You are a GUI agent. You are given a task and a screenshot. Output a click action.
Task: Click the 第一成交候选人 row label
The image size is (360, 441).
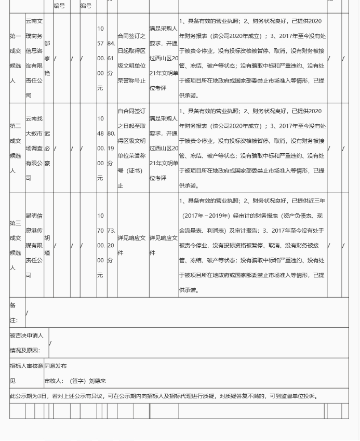point(16,58)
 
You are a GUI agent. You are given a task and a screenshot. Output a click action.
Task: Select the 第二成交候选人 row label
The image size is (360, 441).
point(16,148)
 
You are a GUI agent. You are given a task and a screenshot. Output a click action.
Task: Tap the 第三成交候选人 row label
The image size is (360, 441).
point(16,245)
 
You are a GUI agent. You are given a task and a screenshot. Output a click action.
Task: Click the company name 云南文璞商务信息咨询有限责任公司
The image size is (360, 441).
point(34,58)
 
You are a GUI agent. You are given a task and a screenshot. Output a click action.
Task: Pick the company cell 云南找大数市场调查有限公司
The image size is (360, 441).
point(34,148)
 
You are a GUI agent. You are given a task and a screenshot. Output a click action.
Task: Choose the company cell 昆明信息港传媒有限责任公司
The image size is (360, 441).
point(34,245)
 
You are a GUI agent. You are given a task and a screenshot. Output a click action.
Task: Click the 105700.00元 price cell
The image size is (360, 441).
point(101,58)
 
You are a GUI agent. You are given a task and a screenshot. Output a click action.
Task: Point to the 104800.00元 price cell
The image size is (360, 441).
point(101,148)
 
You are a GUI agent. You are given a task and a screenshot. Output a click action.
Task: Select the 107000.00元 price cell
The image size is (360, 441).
point(101,245)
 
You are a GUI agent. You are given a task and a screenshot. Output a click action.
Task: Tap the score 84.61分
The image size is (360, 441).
point(111,58)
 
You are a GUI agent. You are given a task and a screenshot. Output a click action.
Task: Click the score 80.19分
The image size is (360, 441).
point(111,148)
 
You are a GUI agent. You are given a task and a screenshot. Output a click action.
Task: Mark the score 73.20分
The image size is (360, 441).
point(111,245)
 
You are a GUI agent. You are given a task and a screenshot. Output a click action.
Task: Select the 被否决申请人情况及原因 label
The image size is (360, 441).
point(26,343)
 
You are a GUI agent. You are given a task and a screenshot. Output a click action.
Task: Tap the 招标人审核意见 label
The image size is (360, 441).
point(26,373)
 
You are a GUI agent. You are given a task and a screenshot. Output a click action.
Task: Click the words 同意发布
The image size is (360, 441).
point(56,366)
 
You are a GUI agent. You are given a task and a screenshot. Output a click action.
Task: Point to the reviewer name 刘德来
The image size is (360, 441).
point(97,381)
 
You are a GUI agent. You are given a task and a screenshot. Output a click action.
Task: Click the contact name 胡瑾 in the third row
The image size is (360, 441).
point(47,245)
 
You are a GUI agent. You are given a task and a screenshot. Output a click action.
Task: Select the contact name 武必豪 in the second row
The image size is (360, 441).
point(47,148)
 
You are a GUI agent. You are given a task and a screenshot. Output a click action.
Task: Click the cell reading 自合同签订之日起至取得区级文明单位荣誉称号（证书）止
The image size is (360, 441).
point(132,148)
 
